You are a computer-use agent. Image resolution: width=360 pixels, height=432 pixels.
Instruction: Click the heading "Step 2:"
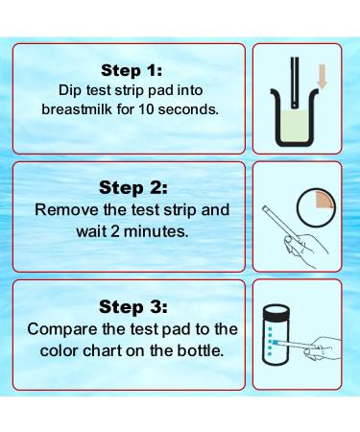(x=133, y=187)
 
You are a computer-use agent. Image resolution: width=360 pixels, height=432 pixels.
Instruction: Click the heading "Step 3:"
(x=133, y=306)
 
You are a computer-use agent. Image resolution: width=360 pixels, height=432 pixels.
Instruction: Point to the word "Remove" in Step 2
(x=63, y=208)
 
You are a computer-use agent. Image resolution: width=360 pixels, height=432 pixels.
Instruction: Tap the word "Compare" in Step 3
(x=64, y=327)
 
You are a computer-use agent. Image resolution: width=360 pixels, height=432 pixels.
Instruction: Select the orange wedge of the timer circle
(x=325, y=197)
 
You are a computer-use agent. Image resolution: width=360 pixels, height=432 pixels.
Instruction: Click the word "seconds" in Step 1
(x=194, y=109)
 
